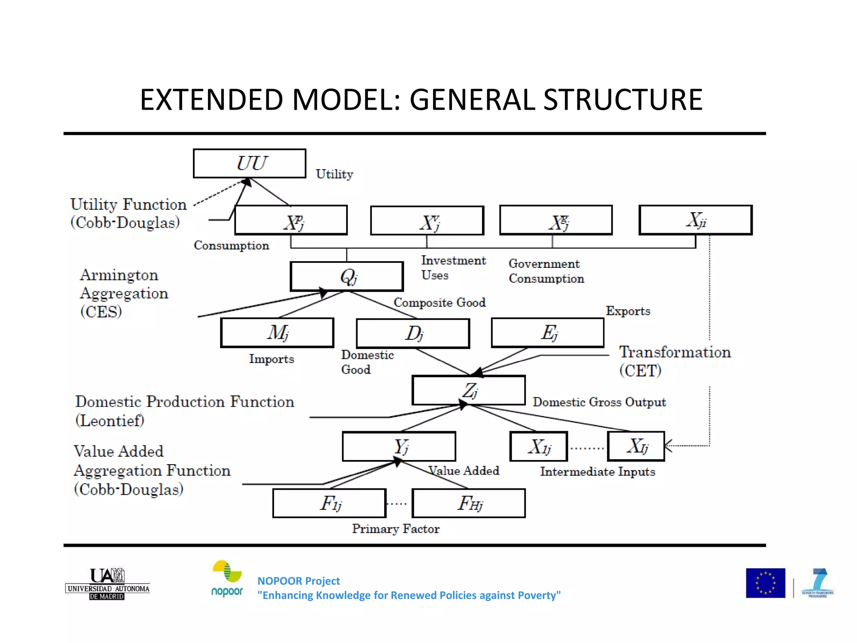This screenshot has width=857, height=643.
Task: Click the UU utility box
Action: pos(249,163)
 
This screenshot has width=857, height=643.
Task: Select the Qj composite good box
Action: pos(346,276)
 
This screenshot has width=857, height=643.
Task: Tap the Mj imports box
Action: pos(277,333)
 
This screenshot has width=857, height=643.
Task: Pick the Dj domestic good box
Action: pos(413,333)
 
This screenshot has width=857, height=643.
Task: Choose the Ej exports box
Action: pos(547,333)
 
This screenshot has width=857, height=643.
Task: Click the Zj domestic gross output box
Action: pos(468,390)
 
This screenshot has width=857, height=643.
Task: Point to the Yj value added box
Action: pos(399,446)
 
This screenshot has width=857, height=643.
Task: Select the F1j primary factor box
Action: pos(329,503)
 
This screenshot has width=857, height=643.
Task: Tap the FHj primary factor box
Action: pos(468,503)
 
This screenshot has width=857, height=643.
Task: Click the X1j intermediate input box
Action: pos(539,446)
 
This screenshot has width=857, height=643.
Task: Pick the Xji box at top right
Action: pos(695,220)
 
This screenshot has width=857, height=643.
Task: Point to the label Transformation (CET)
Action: pos(675,361)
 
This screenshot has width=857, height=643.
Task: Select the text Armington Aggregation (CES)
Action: pos(123,293)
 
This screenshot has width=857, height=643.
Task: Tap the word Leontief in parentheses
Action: pos(110,420)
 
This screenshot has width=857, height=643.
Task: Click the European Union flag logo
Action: pos(765,583)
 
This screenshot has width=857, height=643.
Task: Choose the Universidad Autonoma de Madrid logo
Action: pos(108,584)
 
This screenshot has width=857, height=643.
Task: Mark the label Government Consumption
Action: pos(546,271)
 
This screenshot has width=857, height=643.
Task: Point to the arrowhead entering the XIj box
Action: pos(668,446)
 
